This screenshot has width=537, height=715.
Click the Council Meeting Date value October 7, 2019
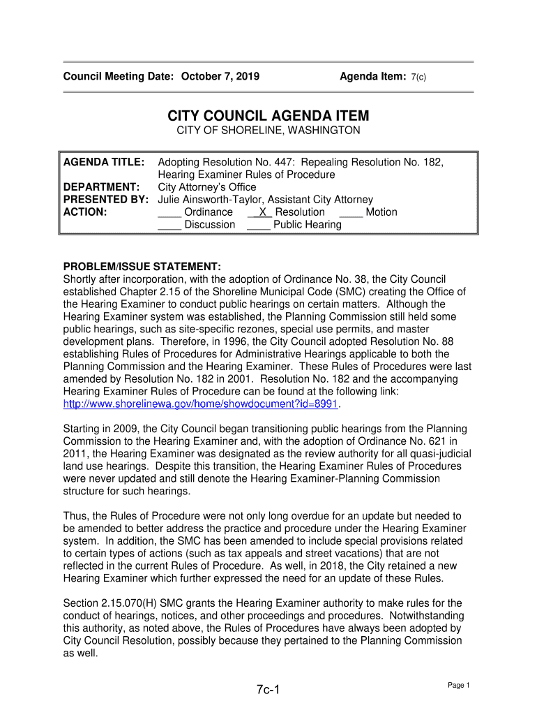click(x=220, y=76)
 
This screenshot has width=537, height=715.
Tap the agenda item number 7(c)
click(x=418, y=77)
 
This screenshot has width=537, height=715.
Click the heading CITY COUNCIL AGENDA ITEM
click(x=268, y=116)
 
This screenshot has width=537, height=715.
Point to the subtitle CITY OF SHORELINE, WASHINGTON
click(x=268, y=131)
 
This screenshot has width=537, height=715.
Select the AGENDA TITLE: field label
click(x=104, y=162)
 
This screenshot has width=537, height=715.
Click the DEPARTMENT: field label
click(x=102, y=187)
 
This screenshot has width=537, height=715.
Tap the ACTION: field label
click(x=85, y=212)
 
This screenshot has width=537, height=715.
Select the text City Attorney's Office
click(x=207, y=187)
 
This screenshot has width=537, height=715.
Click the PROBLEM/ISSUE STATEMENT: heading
click(x=142, y=267)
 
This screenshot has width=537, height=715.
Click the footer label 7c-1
click(x=268, y=691)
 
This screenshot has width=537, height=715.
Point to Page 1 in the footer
click(x=459, y=686)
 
